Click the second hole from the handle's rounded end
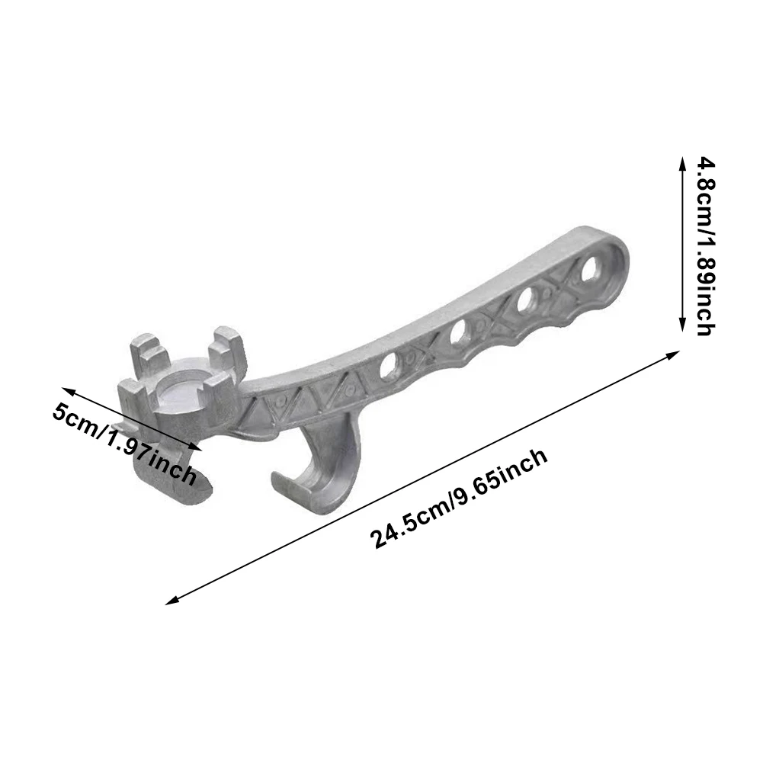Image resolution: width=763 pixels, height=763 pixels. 527,302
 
